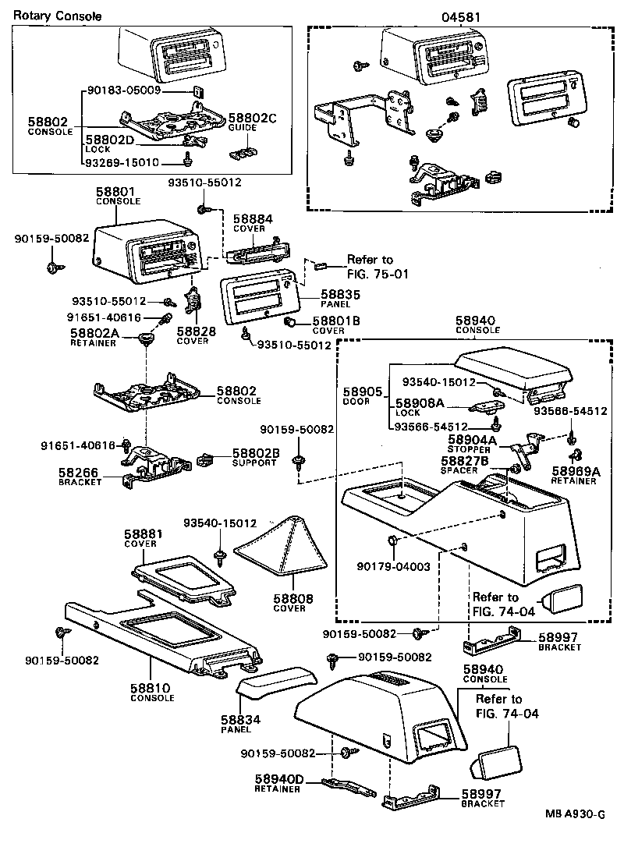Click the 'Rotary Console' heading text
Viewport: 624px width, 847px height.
point(58,16)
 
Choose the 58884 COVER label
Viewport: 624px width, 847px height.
point(253,225)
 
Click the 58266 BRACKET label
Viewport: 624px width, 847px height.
point(81,477)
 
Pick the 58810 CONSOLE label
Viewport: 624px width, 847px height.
point(151,692)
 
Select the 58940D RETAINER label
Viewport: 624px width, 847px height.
point(278,783)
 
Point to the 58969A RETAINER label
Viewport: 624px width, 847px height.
point(576,476)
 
